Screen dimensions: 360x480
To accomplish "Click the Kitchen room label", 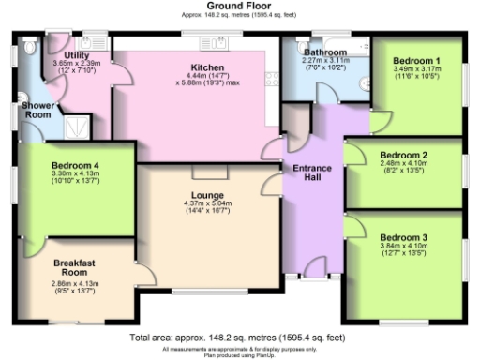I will pyautogui.click(x=205, y=67).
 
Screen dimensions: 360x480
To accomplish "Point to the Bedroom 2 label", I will pyautogui.click(x=404, y=155).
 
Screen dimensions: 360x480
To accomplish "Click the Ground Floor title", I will pyautogui.click(x=239, y=6).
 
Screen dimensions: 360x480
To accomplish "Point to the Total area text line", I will pyautogui.click(x=239, y=336).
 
